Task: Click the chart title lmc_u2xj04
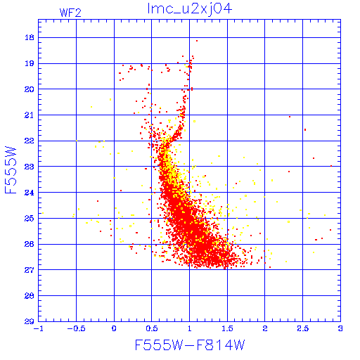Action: pyautogui.click(x=190, y=9)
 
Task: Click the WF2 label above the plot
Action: pyautogui.click(x=70, y=13)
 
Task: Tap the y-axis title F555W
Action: pyautogui.click(x=11, y=170)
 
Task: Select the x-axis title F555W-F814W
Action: pyautogui.click(x=190, y=345)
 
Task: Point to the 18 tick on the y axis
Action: pyautogui.click(x=30, y=37)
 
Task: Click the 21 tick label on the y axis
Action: pyautogui.click(x=30, y=115)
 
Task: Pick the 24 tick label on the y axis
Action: pyautogui.click(x=30, y=193)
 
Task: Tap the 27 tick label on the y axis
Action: pyautogui.click(x=30, y=270)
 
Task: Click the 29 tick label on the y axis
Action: pyautogui.click(x=30, y=321)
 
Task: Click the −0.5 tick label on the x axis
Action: pyautogui.click(x=77, y=328)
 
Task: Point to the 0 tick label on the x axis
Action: pyautogui.click(x=114, y=328)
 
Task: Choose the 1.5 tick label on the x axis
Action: pyautogui.click(x=227, y=328)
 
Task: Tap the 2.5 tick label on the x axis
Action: pyautogui.click(x=303, y=328)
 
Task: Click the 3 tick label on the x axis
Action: pyautogui.click(x=340, y=328)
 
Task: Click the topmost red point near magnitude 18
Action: pyautogui.click(x=197, y=41)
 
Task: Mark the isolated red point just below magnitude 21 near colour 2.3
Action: pyautogui.click(x=290, y=117)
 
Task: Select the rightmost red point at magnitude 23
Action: pyautogui.click(x=331, y=166)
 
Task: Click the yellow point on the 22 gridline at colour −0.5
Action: pyautogui.click(x=77, y=141)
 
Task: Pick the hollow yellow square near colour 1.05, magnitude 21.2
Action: pyautogui.click(x=194, y=121)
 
